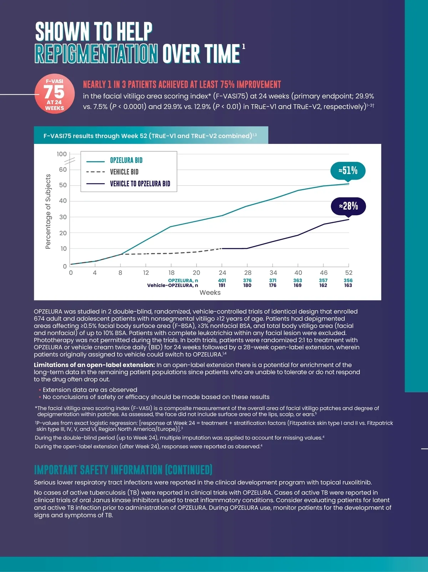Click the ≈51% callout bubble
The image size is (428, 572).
[348, 171]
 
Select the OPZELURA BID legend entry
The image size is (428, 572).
[126, 160]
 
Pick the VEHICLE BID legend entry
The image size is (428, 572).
[124, 172]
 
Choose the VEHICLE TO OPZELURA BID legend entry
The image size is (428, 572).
[140, 184]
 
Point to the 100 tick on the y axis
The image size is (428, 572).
[62, 154]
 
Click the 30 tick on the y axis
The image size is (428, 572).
[63, 217]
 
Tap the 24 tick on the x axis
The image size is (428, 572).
[222, 272]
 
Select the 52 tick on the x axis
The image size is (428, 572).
[348, 272]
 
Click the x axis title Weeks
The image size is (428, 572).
[210, 292]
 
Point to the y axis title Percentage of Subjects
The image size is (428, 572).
[48, 211]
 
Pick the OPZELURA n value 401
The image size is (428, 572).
[222, 280]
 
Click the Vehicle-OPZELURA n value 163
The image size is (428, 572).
[348, 285]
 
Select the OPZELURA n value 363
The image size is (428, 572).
[297, 280]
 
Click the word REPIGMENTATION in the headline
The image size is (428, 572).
[96, 54]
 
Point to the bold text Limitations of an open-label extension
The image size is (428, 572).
[95, 365]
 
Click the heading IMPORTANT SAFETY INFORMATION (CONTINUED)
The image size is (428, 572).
[123, 470]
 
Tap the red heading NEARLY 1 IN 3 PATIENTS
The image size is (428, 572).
[182, 84]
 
